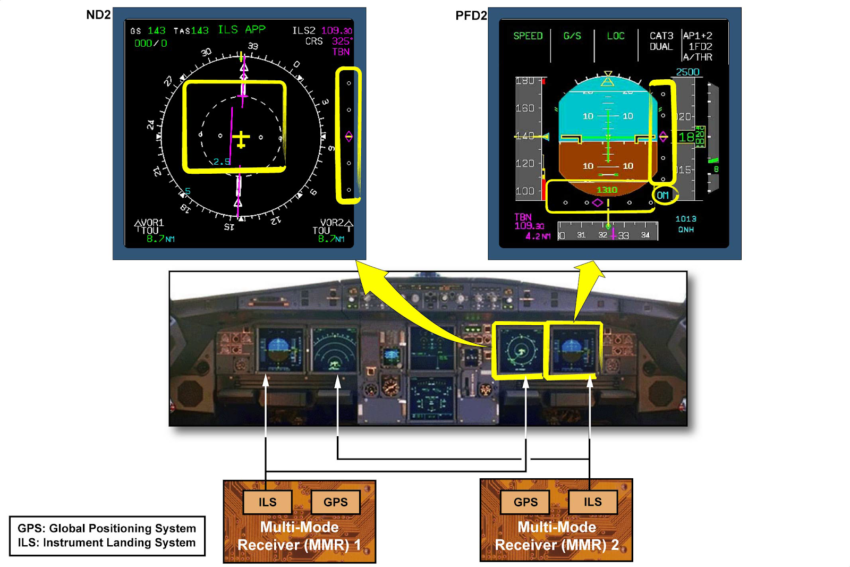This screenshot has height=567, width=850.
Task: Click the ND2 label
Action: [x=98, y=15]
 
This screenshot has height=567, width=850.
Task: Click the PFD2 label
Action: [x=471, y=16]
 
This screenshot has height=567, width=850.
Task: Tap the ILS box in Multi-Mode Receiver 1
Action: [x=267, y=502]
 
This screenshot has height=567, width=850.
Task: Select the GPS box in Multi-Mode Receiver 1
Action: [x=335, y=502]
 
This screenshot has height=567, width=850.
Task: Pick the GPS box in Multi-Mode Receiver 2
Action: [x=525, y=502]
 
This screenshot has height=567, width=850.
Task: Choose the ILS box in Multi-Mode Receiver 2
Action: [x=593, y=502]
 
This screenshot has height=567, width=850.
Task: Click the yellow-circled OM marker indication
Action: [x=663, y=195]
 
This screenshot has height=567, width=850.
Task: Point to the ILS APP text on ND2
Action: [x=242, y=30]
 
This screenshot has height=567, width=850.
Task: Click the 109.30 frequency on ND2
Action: [x=336, y=31]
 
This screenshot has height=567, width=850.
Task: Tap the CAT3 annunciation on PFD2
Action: [x=661, y=36]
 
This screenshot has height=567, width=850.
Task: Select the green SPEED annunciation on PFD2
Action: [x=528, y=36]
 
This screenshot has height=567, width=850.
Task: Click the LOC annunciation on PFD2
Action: [x=616, y=36]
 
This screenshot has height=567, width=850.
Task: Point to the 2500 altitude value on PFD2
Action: [x=687, y=72]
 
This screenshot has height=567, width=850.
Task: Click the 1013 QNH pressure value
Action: [x=686, y=219]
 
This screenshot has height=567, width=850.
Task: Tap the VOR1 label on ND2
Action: [x=152, y=223]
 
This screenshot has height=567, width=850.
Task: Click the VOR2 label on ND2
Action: [x=332, y=223]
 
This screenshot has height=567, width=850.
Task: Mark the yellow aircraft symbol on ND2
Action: [x=241, y=140]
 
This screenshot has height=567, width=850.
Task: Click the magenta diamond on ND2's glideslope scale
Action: [x=348, y=137]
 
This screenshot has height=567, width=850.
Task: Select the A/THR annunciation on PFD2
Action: [x=698, y=57]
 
